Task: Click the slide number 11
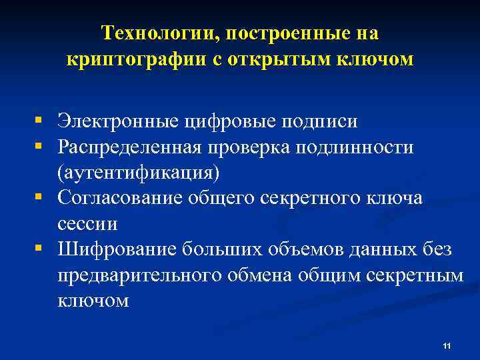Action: point(447,345)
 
